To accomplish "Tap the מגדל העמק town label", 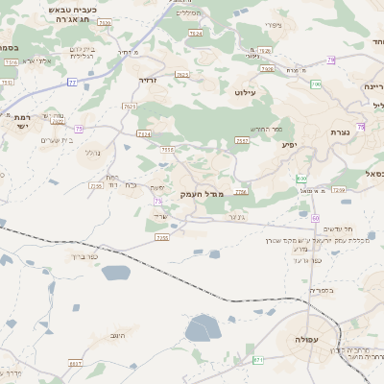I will coord(202,194).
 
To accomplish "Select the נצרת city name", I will coord(340,132).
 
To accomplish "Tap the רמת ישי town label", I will coord(22,122).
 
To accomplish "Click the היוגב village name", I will coord(120,334).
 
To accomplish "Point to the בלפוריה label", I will coord(322,290).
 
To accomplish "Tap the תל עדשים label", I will coord(338,228).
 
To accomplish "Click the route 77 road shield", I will coord(72,83).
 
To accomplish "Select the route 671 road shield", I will coord(258,359).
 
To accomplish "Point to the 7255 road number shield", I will coord(162,236).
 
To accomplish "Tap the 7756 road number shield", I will coord(240,192).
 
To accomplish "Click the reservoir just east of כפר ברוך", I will coord(115,273).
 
